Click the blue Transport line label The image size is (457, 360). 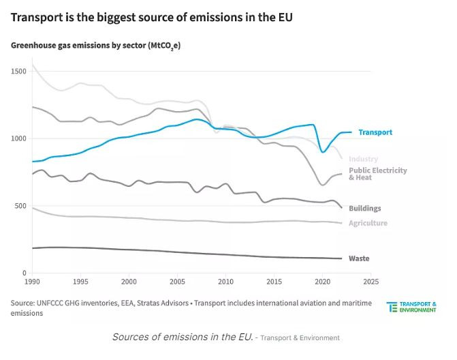tap(375, 132)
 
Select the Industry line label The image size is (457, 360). tap(364, 159)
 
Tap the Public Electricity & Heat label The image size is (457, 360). tap(378, 174)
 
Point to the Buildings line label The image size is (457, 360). tap(364, 209)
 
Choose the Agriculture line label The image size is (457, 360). tap(368, 223)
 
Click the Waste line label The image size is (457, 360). tap(359, 258)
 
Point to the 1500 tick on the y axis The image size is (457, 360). tap(18, 71)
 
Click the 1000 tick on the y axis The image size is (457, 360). tap(18, 138)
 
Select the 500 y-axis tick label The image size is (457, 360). tap(20, 206)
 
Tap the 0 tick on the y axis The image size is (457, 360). tap(24, 273)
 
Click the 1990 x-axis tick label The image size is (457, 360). tap(32, 281)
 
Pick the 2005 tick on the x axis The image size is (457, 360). tap(177, 281)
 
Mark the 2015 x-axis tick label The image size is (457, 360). tap(274, 281)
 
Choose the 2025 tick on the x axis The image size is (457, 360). tap(371, 281)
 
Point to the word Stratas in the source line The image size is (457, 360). tap(175, 301)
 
